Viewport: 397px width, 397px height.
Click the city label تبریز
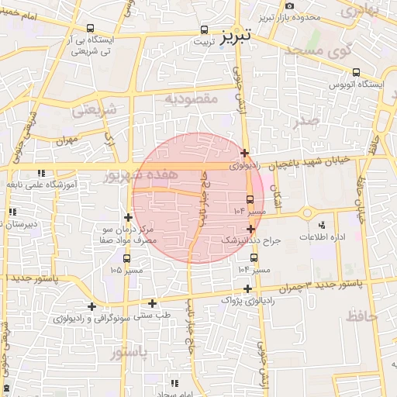click(x=236, y=36)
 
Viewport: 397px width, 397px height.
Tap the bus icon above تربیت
click(x=203, y=30)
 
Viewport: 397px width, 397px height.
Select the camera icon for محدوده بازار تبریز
click(x=289, y=6)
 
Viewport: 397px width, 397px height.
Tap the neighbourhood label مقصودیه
click(x=195, y=99)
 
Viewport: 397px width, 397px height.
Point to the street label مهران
click(x=68, y=141)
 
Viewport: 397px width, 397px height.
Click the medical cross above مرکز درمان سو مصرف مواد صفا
click(x=127, y=217)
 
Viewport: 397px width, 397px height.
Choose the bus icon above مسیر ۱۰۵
click(x=136, y=258)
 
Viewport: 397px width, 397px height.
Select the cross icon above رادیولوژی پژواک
click(x=247, y=288)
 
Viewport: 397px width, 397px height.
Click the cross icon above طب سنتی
click(x=152, y=303)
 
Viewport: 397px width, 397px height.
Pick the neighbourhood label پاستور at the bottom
click(x=129, y=354)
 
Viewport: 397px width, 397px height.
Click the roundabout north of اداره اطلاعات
click(x=307, y=213)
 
